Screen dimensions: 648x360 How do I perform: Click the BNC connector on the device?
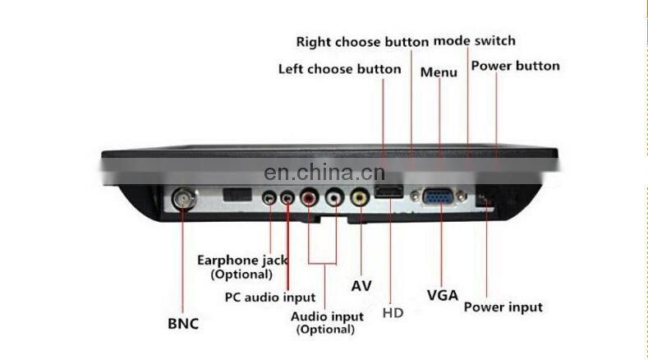point(184,200)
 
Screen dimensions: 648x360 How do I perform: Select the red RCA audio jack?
point(309,197)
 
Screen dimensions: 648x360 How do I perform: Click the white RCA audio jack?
point(334,197)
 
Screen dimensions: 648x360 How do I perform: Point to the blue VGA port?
point(439,196)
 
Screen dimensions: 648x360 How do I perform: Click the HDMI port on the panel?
point(388,192)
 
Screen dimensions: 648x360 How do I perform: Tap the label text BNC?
point(183,324)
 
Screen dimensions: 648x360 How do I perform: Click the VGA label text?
point(443,295)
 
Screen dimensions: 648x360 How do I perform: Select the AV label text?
point(361,286)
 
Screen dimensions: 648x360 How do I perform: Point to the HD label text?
point(393,313)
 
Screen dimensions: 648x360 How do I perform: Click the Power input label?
point(503,307)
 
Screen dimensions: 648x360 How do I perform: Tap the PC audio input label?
point(270,298)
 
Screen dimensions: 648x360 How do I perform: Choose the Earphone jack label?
point(242,261)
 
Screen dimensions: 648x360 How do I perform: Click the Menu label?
point(439,72)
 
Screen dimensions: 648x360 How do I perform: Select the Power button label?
point(515,66)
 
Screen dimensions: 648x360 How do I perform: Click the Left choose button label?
point(340,69)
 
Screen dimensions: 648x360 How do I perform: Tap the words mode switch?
point(475,40)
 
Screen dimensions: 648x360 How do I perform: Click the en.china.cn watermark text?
point(324,173)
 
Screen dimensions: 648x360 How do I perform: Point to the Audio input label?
point(327,317)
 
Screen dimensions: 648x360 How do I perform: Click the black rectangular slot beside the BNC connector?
point(237,195)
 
